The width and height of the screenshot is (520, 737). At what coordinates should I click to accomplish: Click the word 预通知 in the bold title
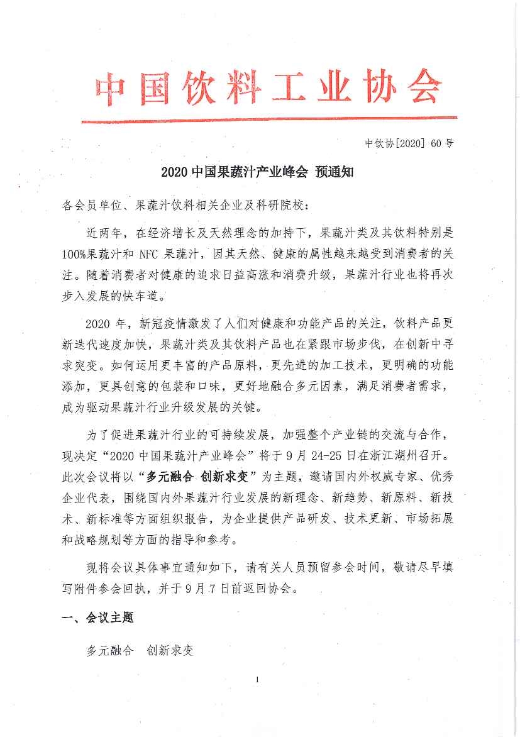[334, 172]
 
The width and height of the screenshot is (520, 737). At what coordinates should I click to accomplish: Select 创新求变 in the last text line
[170, 650]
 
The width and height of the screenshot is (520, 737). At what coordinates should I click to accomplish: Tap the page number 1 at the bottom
[258, 679]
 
